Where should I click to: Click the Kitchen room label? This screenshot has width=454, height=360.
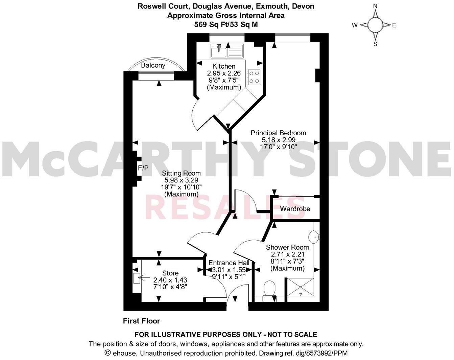224,66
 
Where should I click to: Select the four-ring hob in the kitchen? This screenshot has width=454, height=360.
254,76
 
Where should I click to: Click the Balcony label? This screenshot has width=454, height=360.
153,65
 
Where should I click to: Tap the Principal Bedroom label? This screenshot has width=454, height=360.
278,133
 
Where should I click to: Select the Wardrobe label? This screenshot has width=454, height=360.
295,209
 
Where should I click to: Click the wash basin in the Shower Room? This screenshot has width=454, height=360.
314,237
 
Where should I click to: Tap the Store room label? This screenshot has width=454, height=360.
170,273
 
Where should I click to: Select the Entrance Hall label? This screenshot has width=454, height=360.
229,263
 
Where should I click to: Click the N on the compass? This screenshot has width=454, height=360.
375,6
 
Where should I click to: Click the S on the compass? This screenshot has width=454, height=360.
375,44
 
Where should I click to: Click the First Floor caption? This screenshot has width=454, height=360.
141,321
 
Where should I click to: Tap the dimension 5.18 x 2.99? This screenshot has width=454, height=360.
279,140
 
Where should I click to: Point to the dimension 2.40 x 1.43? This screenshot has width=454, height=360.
170,280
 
